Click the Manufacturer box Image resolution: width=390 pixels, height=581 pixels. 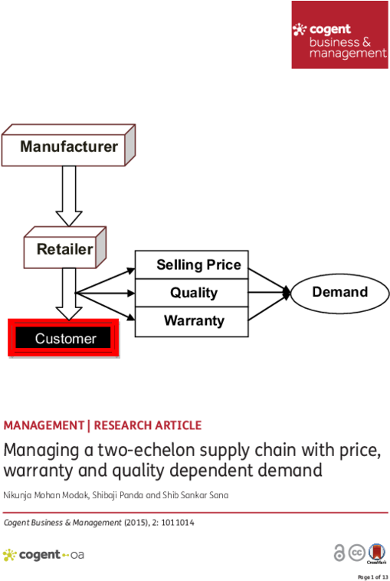coord(68,146)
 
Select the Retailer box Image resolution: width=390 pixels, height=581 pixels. coord(65,248)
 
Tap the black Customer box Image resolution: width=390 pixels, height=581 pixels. coord(64,338)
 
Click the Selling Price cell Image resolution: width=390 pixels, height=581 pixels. coord(192,265)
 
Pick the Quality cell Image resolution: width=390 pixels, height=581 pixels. coord(192,293)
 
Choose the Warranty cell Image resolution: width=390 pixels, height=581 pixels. coord(192,322)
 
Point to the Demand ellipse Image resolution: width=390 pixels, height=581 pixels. coord(340,293)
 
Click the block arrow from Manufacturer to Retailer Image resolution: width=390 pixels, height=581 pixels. coord(69,196)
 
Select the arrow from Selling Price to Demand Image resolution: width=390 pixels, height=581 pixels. coord(269,281)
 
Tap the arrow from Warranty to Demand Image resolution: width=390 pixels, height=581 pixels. coord(269,307)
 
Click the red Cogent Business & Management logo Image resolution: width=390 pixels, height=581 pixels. coord(340,34)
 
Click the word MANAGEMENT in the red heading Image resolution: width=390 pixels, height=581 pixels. coord(44,425)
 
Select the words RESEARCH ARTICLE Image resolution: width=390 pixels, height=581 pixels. coord(148,425)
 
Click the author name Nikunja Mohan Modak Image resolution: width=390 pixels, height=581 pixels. coord(46,495)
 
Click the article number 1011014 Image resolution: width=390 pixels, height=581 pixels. coord(178,523)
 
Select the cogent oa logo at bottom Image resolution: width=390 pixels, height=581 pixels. coord(44,555)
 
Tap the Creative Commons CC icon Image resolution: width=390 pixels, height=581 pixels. coord(357,553)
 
